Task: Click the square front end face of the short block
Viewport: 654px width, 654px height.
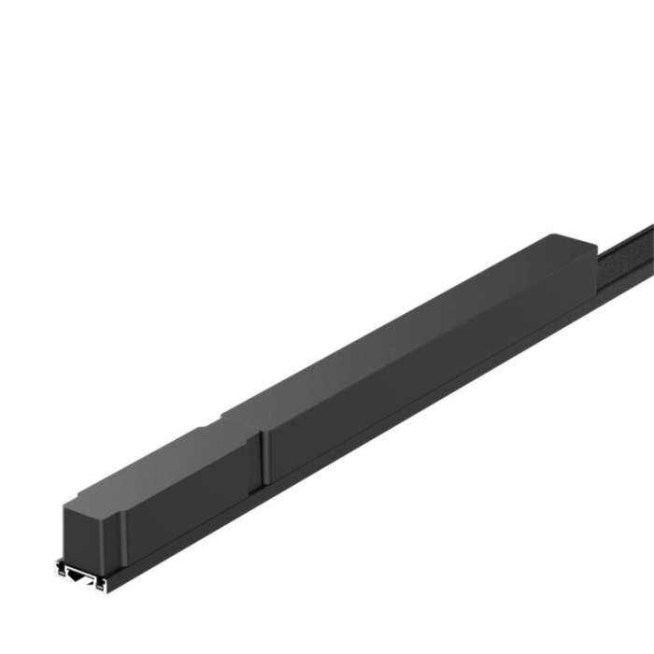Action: coord(90,533)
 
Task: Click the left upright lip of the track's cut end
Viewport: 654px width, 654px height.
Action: coord(61,566)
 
